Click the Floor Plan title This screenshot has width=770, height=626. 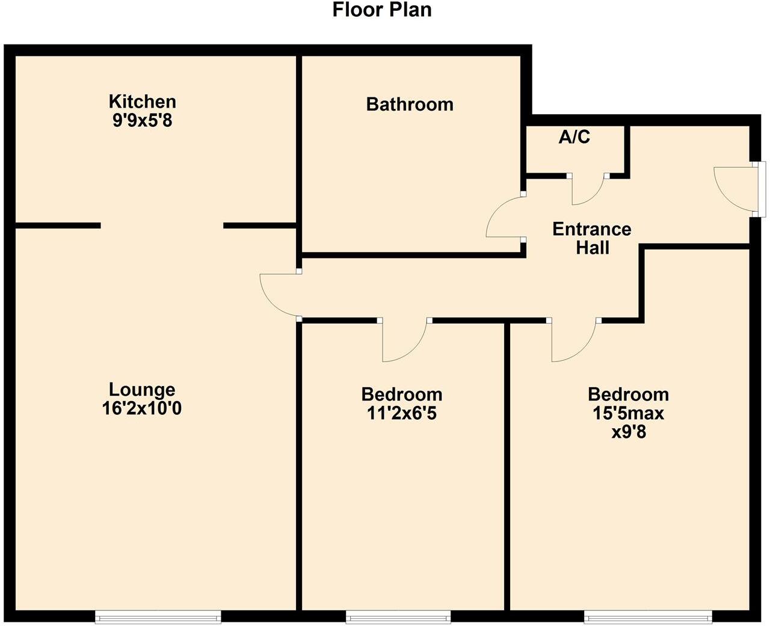(382, 10)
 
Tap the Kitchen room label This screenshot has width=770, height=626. (142, 101)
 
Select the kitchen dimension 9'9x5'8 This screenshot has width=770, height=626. (142, 120)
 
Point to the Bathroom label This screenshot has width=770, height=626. (410, 105)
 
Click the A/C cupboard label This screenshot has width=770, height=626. (574, 138)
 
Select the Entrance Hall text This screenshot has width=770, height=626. (592, 238)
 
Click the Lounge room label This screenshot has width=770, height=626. (142, 390)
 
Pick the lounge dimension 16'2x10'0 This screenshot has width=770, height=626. (142, 409)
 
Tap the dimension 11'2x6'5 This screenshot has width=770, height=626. (401, 413)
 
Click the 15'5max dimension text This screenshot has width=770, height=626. (628, 413)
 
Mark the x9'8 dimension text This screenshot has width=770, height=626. (628, 432)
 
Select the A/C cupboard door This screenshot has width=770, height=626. (587, 189)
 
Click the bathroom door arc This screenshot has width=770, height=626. (504, 217)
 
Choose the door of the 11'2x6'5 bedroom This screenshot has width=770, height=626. (404, 342)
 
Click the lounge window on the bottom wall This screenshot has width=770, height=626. (158, 616)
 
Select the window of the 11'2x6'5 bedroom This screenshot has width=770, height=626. (398, 616)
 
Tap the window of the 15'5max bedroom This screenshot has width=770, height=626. (648, 616)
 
